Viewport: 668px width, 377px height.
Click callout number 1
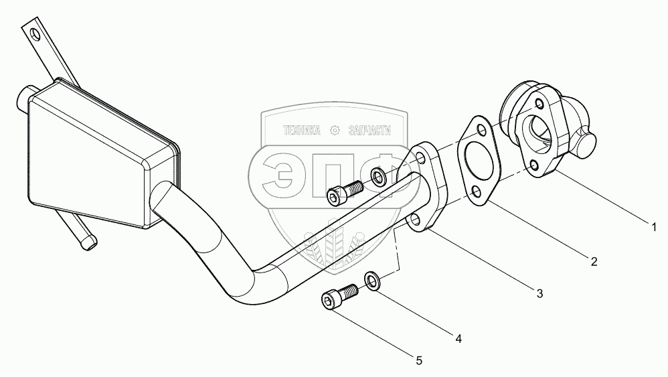(x=655, y=227)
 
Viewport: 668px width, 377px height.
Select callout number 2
(x=594, y=261)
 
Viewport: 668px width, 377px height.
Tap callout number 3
(x=539, y=293)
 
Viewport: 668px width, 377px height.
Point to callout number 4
(x=458, y=339)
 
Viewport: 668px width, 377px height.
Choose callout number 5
(x=419, y=361)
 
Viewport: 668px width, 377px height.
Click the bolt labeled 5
(x=339, y=297)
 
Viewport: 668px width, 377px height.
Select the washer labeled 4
(x=373, y=282)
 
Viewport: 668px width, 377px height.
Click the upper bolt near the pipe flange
(x=345, y=192)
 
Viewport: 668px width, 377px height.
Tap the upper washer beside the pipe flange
(x=378, y=177)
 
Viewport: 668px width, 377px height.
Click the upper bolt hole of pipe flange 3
(x=420, y=159)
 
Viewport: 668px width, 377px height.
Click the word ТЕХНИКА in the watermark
(x=302, y=131)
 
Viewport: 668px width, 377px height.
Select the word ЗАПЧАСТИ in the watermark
(x=369, y=131)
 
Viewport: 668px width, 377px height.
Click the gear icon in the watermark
(x=335, y=131)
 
